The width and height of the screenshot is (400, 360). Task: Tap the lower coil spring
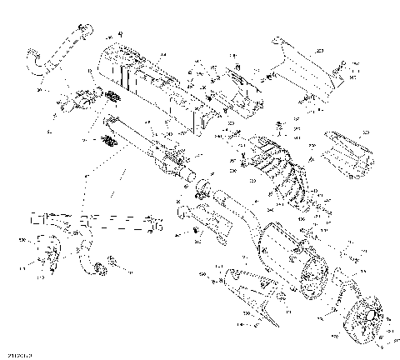click(x=106, y=141)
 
